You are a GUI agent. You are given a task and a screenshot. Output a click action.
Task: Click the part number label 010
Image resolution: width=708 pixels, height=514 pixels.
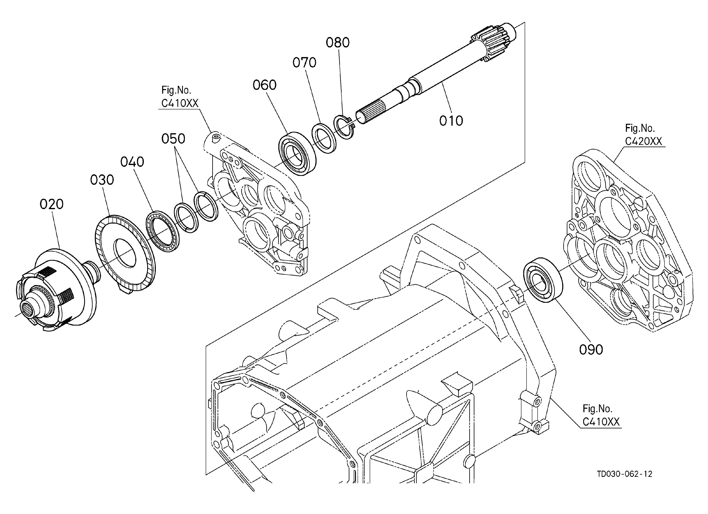pyautogui.click(x=451, y=121)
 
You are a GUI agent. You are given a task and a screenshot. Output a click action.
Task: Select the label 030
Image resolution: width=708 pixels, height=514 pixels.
pyautogui.click(x=102, y=180)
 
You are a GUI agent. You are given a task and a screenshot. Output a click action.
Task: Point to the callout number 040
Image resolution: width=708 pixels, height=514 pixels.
pyautogui.click(x=132, y=162)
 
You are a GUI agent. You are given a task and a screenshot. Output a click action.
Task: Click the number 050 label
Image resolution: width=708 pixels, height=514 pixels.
pyautogui.click(x=173, y=139)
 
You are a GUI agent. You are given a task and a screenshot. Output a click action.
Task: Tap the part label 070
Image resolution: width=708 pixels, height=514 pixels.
pyautogui.click(x=304, y=63)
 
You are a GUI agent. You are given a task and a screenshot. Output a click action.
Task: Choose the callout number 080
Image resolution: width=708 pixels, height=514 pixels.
pyautogui.click(x=338, y=42)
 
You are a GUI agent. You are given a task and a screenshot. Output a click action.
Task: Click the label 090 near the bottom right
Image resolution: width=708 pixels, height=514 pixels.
pyautogui.click(x=591, y=350)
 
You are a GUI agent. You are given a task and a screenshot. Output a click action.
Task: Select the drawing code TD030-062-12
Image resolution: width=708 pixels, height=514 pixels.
pyautogui.click(x=625, y=474)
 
